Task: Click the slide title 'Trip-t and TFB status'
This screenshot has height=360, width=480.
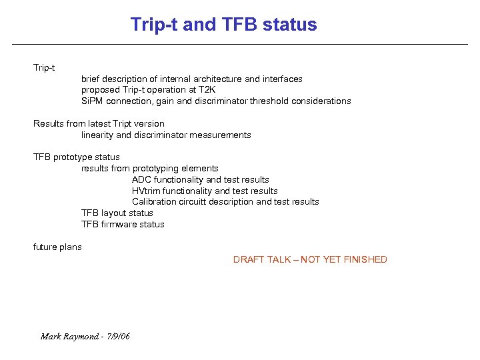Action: pyautogui.click(x=223, y=25)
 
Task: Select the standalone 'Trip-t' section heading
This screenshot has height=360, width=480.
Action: pyautogui.click(x=44, y=67)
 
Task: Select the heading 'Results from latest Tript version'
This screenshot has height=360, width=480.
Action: pyautogui.click(x=99, y=123)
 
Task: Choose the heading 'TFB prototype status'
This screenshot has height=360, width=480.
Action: pyautogui.click(x=77, y=157)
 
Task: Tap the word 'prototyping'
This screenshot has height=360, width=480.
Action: pyautogui.click(x=157, y=169)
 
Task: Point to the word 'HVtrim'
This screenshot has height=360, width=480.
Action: pyautogui.click(x=147, y=191)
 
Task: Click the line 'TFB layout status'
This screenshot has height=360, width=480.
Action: pyautogui.click(x=117, y=213)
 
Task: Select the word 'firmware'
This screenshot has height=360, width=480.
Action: pyautogui.click(x=119, y=224)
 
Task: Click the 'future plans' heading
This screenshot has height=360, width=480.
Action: pyautogui.click(x=57, y=247)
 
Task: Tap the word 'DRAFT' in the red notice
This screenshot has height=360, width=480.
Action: pyautogui.click(x=247, y=259)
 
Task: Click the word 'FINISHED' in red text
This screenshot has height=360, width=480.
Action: pyautogui.click(x=365, y=259)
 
